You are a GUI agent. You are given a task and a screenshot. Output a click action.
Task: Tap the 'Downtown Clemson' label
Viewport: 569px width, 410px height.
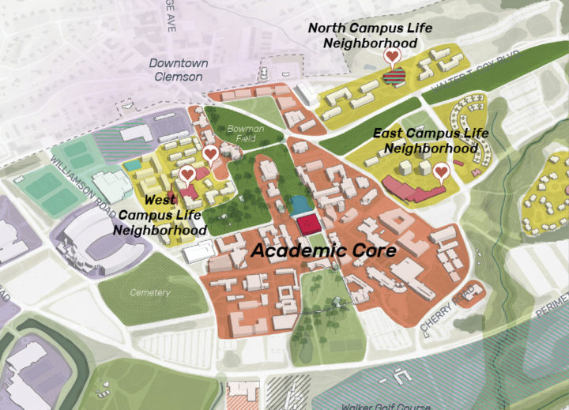tap(178, 70)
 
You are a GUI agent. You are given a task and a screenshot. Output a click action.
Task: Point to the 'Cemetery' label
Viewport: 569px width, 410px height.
tap(149, 293)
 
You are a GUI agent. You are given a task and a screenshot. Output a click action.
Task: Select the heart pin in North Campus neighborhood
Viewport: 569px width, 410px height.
tap(391, 57)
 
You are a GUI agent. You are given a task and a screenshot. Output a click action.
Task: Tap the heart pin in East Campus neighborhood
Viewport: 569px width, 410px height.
tap(441, 171)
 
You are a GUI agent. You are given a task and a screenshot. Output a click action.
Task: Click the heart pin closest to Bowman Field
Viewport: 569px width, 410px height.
tap(210, 153)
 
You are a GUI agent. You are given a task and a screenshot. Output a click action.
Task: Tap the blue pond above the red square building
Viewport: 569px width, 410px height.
tap(300, 206)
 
